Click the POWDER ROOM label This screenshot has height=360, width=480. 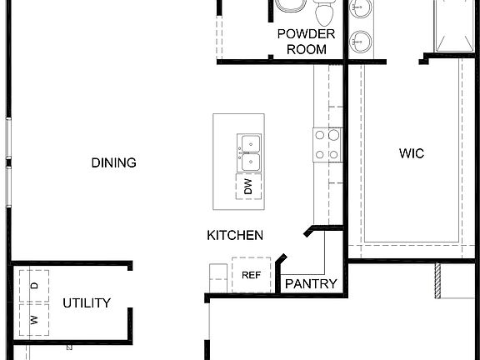tap(306, 41)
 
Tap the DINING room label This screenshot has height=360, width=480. tap(113, 162)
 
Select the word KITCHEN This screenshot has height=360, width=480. tap(235, 236)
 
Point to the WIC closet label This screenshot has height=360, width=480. tap(412, 153)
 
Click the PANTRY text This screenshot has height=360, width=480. tap(311, 284)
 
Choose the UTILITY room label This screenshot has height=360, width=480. tap(87, 302)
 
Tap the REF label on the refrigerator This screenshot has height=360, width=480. tap(251, 275)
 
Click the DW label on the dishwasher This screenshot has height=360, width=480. tap(248, 188)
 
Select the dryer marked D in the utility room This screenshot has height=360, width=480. tap(34, 286)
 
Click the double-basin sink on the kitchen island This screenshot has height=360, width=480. tap(248, 152)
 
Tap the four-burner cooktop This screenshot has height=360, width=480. tap(326, 145)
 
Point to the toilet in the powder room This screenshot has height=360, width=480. tap(324, 12)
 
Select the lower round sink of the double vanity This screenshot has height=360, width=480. tap(360, 39)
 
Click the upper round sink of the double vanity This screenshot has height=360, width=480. tap(360, 8)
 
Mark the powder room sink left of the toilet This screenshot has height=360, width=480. tap(289, 7)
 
